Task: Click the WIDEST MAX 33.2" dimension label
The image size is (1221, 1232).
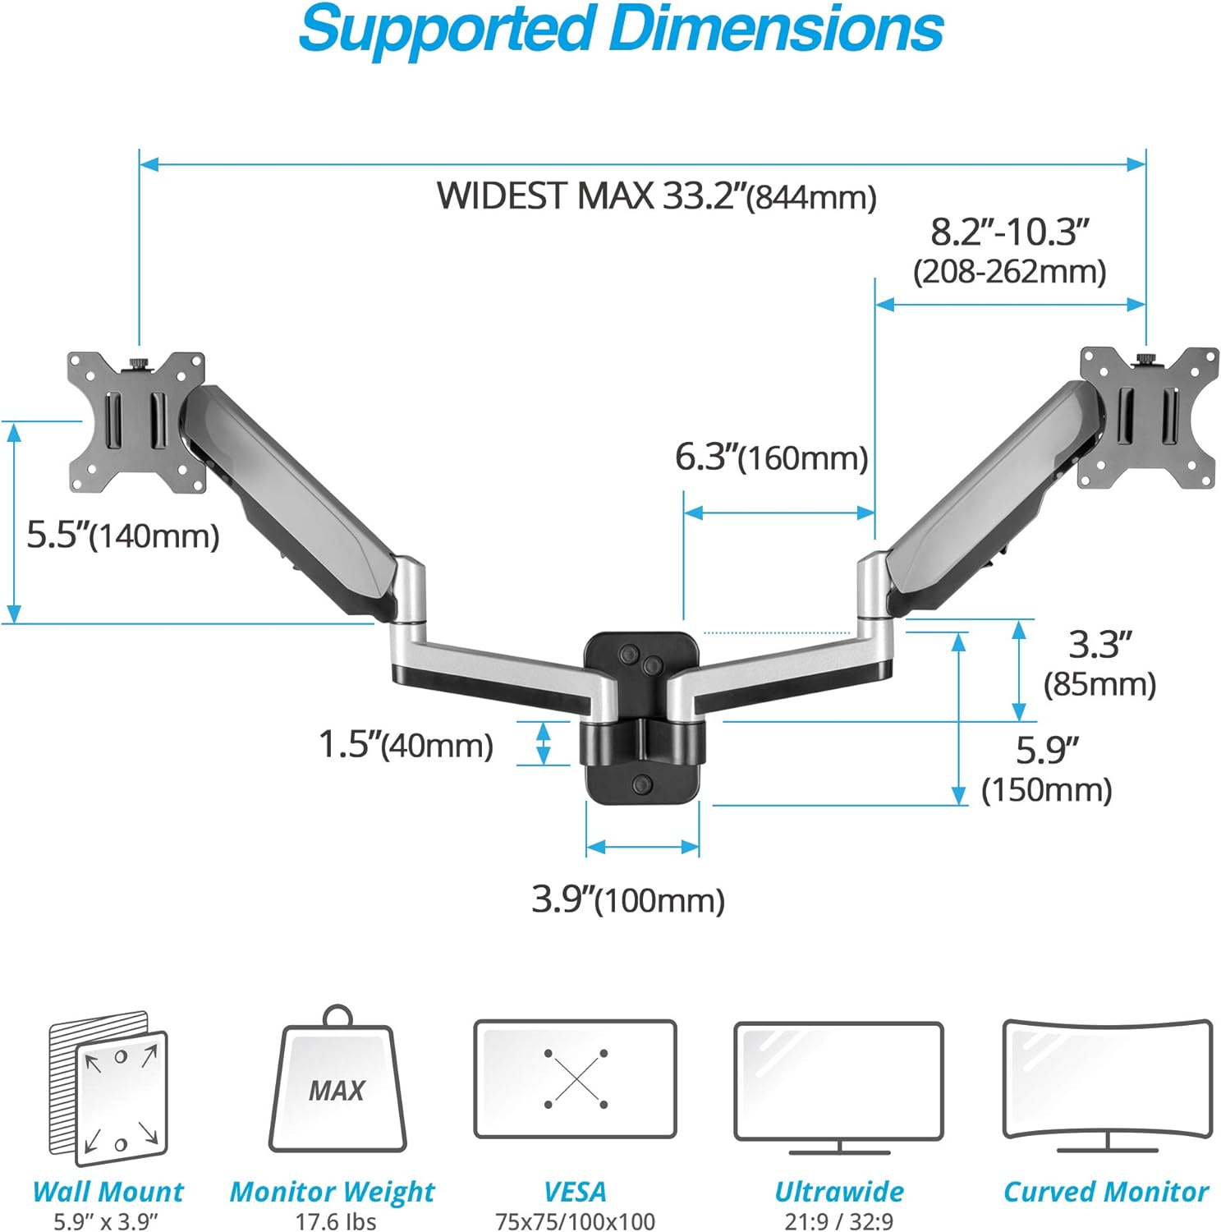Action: point(656,196)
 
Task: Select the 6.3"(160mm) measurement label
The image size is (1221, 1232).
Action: point(771,457)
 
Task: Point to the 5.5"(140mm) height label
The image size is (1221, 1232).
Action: point(123,536)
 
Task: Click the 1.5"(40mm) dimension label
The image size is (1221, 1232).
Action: point(406,744)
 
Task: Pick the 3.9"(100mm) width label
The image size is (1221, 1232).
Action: point(628,899)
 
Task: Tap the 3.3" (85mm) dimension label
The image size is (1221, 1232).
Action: point(1099,663)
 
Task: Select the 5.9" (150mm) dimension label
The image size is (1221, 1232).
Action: point(1047,769)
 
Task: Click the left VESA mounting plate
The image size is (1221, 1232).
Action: point(135,422)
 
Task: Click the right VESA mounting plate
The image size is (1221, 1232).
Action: point(1148,416)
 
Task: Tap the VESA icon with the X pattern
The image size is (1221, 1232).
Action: point(576,1078)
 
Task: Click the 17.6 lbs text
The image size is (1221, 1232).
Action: point(336,1221)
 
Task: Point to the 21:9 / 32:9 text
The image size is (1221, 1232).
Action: point(838,1221)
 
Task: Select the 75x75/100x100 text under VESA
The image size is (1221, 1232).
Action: point(575,1221)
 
